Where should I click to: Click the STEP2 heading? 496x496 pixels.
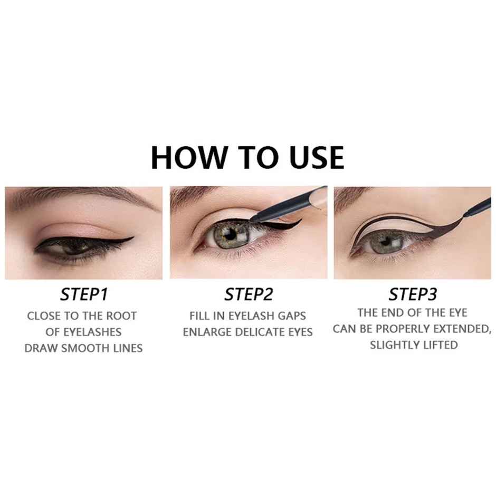point(248,294)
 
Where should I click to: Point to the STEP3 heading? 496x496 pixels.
point(412,294)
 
